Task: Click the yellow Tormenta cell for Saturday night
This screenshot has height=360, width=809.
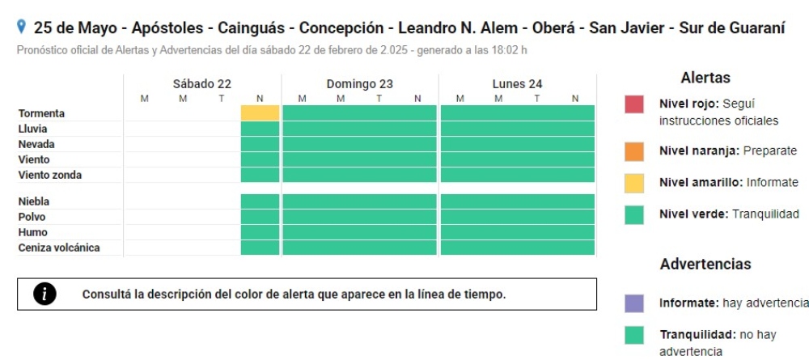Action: (x=260, y=113)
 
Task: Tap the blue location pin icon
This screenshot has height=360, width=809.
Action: (x=22, y=28)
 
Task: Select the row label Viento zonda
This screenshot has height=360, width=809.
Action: (x=50, y=175)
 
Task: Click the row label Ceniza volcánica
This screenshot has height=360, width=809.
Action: (x=59, y=248)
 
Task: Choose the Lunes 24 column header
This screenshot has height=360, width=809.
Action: (x=517, y=83)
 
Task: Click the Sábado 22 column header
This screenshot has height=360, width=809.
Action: (x=202, y=83)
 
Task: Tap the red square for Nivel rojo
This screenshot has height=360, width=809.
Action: (x=634, y=104)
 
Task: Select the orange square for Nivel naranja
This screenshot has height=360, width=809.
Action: (x=634, y=151)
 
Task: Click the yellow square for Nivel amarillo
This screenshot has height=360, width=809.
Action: (x=634, y=183)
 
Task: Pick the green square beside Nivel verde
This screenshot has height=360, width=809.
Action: (x=634, y=214)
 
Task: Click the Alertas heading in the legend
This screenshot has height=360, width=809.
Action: (x=705, y=78)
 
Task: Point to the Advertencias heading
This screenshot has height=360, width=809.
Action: (x=705, y=265)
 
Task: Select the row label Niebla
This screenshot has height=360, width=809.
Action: (x=34, y=201)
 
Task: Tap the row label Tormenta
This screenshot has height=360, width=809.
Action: (x=41, y=113)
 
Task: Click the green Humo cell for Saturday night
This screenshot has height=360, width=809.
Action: (x=260, y=232)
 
